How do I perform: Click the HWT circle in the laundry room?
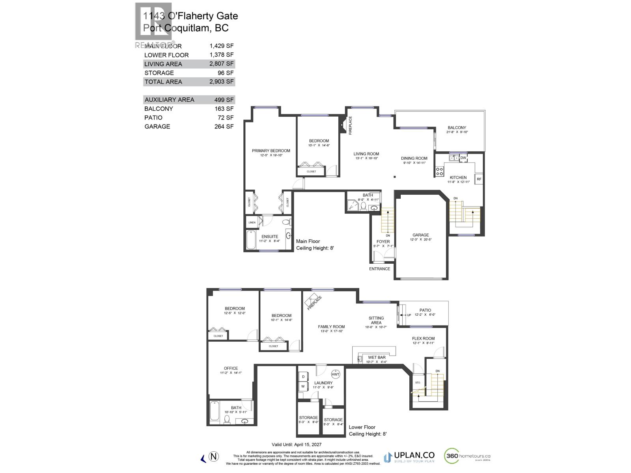[335, 374]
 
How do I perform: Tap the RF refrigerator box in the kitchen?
[479, 179]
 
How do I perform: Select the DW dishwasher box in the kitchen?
[463, 158]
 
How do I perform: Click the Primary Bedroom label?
[271, 151]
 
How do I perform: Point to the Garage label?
[421, 235]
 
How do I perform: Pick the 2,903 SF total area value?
[222, 82]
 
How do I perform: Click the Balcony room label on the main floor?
[457, 128]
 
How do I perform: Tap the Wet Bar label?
[377, 358]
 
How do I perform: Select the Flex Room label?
[423, 338]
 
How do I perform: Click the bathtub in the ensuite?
[252, 240]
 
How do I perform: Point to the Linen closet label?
[252, 223]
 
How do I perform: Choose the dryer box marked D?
[303, 377]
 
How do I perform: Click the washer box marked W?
[303, 387]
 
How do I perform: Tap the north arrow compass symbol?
[213, 457]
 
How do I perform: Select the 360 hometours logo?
[467, 456]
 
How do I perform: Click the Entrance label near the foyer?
[379, 269]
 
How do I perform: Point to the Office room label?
[231, 368]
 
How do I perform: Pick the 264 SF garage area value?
[222, 127]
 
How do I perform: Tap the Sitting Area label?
[376, 320]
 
